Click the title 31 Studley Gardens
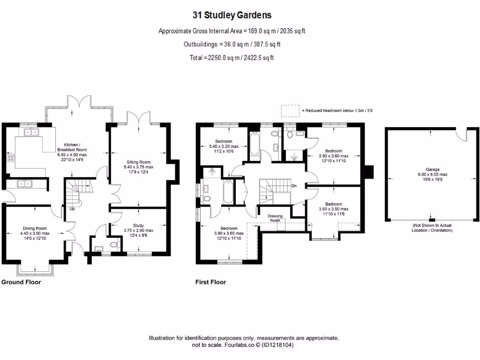232,15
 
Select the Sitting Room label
138,162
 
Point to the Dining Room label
34,228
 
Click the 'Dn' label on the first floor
294,186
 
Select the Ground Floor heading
21,282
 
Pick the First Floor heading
210,282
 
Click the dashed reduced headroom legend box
290,111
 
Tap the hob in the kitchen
10,158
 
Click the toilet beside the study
112,245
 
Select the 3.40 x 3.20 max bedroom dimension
224,146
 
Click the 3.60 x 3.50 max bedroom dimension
333,209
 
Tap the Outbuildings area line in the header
232,45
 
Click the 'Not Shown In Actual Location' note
432,228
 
